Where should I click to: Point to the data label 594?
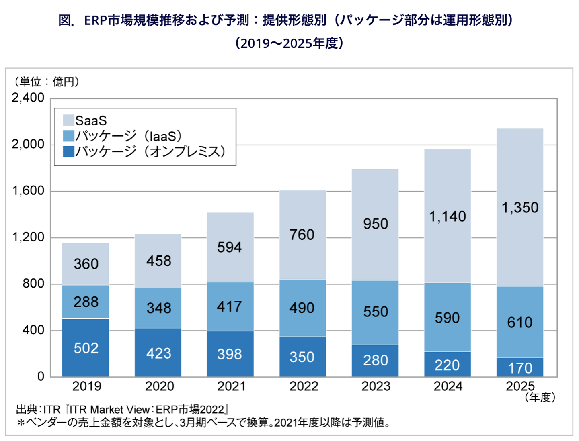(x=230, y=247)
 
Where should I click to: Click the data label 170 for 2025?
(x=520, y=368)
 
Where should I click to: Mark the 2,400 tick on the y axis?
(x=28, y=98)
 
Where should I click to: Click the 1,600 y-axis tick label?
(x=28, y=190)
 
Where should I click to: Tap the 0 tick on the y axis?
(x=41, y=376)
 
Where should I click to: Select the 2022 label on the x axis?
(x=304, y=386)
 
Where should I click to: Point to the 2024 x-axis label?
(x=448, y=386)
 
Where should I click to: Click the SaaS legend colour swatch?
(x=68, y=120)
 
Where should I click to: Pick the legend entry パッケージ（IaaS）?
(x=129, y=136)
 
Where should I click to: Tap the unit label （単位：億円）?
(x=47, y=82)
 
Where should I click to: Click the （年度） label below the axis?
(x=540, y=398)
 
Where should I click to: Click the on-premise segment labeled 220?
(x=448, y=364)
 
